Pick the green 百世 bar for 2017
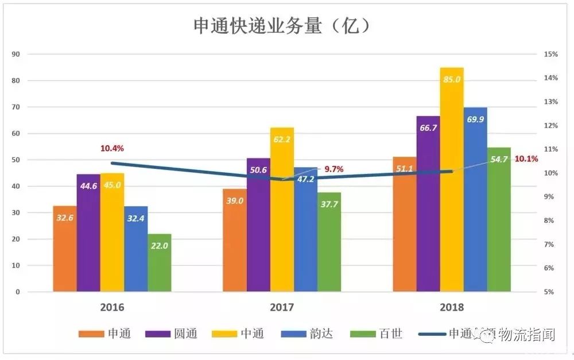(329, 242)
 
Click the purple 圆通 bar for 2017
(258, 224)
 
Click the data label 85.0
(452, 79)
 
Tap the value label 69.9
(475, 119)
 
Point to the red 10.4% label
(112, 148)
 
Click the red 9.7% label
(333, 169)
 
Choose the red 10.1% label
(526, 158)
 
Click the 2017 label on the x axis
(281, 307)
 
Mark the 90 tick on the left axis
(15, 54)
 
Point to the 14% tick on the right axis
(550, 78)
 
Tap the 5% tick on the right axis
(550, 292)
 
